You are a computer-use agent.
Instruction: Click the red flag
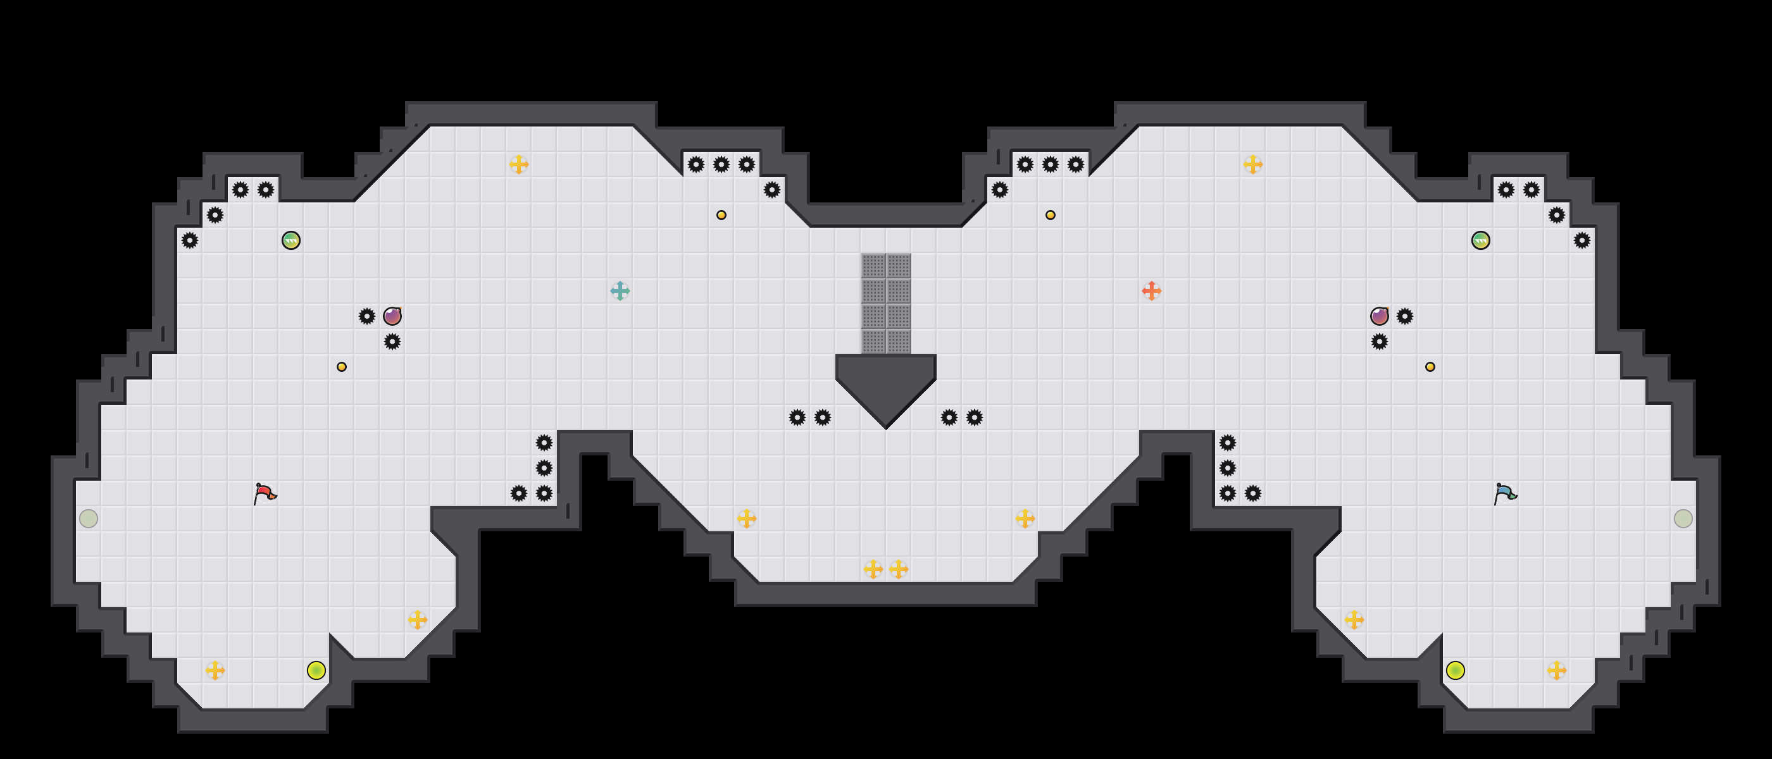264,493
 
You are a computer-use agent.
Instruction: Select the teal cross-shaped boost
620,291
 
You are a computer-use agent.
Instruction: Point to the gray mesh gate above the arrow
886,303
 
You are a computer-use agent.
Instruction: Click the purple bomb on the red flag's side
392,316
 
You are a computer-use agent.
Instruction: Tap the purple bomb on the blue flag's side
1379,316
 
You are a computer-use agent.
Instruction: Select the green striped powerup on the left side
291,240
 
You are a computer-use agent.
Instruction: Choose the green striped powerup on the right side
1480,240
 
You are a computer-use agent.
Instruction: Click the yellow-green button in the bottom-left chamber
316,670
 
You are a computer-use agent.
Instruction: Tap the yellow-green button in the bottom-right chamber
1455,670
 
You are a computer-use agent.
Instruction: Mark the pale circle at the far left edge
89,519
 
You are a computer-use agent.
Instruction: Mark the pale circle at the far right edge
1683,519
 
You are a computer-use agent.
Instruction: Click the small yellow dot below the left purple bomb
342,367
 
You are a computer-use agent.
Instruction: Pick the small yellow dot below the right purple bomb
1430,367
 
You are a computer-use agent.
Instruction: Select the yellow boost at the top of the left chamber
519,164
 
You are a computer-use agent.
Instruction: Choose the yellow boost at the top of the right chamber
1252,164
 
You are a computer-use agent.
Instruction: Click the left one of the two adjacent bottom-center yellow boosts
873,569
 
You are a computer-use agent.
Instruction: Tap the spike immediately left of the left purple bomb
366,316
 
